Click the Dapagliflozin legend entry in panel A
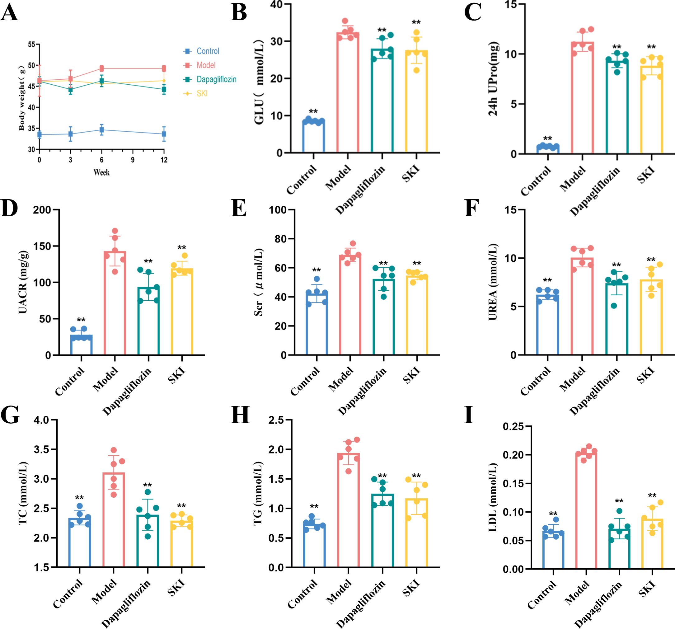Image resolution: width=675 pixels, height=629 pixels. (x=216, y=79)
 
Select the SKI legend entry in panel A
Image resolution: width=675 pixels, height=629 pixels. (x=202, y=93)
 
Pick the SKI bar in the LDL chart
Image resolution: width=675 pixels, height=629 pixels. (x=652, y=543)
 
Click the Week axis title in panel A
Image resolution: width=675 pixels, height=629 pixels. (x=101, y=172)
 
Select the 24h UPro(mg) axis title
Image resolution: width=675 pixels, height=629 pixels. (x=493, y=79)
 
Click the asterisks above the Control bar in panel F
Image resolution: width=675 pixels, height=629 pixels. (x=547, y=280)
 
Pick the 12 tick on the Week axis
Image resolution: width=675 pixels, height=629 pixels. (x=164, y=160)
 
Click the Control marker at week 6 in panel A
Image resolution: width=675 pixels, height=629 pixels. (x=101, y=130)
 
